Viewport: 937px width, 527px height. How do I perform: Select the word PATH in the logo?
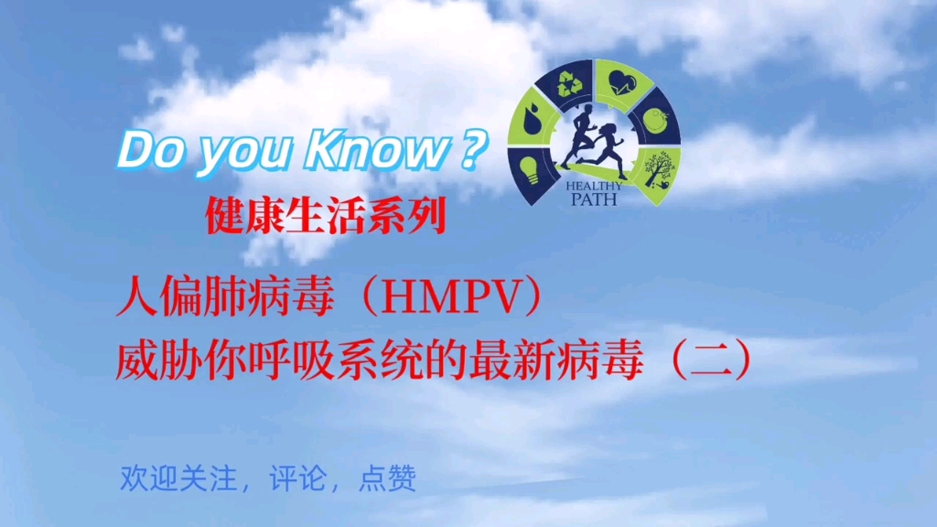(x=597, y=197)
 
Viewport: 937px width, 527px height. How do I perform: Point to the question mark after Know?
(x=469, y=148)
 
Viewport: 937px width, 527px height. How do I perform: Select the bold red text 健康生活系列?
(x=326, y=217)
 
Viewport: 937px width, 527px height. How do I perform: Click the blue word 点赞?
(x=388, y=478)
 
